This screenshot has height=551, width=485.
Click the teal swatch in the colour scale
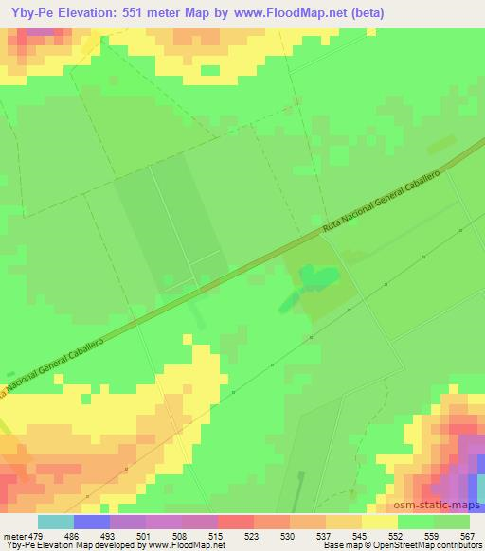pos(55,522)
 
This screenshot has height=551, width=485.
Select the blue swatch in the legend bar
pos(91,522)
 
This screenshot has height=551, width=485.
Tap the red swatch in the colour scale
pos(235,522)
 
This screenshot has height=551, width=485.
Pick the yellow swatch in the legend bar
pos(379,522)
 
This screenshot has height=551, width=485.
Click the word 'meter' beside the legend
pos(15,535)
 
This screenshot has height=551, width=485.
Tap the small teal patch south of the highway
pos(318,276)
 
